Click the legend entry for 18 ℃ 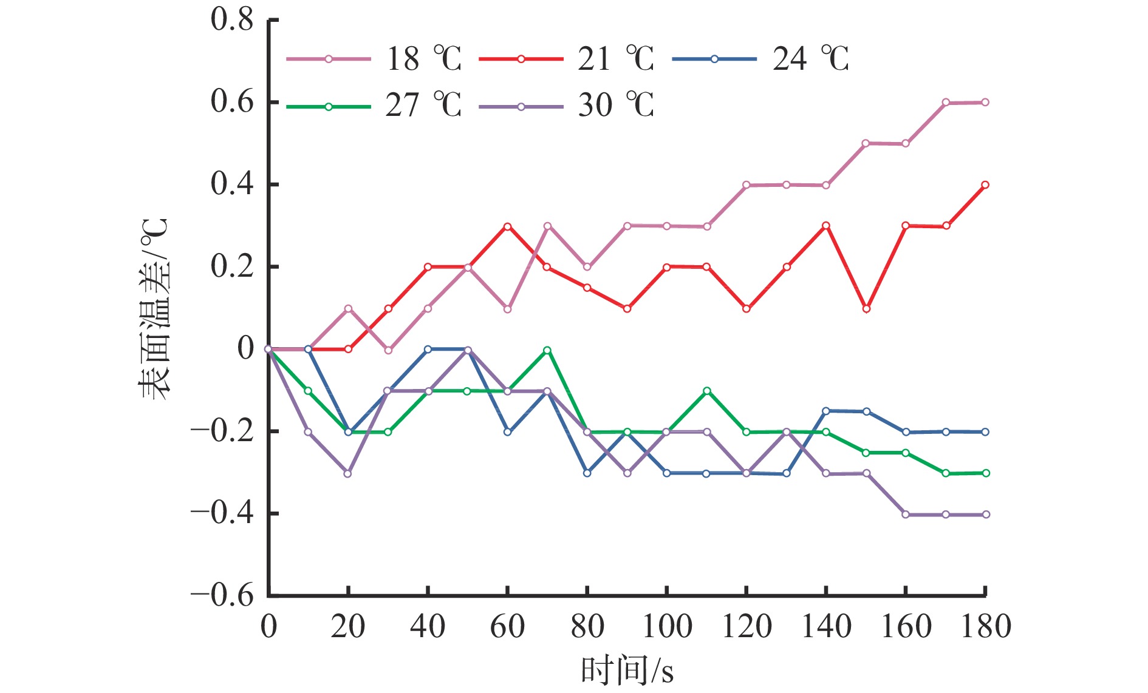coord(374,59)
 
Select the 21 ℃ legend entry coord(567,59)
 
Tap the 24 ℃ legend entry coord(760,59)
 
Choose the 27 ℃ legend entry coord(374,106)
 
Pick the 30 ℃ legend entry coord(567,106)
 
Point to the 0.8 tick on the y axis coord(232,19)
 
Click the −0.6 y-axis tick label coord(222,595)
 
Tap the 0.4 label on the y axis coord(232,184)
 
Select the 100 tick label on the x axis coord(667,626)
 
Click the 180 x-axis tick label coord(985,626)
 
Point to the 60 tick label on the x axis coord(507,626)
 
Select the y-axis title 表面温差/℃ coord(154,308)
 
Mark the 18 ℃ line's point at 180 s coord(985,102)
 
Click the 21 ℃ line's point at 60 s coord(508,226)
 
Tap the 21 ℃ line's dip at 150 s coord(866,309)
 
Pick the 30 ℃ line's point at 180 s coord(985,515)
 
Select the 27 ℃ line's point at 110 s coord(706,391)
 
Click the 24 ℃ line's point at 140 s coord(826,411)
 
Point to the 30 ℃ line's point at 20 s coord(348,473)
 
